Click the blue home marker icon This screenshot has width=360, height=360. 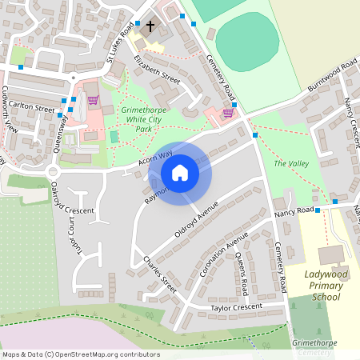pyautogui.click(x=180, y=173)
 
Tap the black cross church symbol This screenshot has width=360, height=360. pyautogui.click(x=150, y=26)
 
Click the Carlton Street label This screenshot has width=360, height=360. pyautogui.click(x=33, y=108)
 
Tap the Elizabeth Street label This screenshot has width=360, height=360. pyautogui.click(x=158, y=70)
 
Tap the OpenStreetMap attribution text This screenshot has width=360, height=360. pyautogui.click(x=81, y=354)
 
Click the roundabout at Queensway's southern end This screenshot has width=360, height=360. pyautogui.click(x=54, y=170)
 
